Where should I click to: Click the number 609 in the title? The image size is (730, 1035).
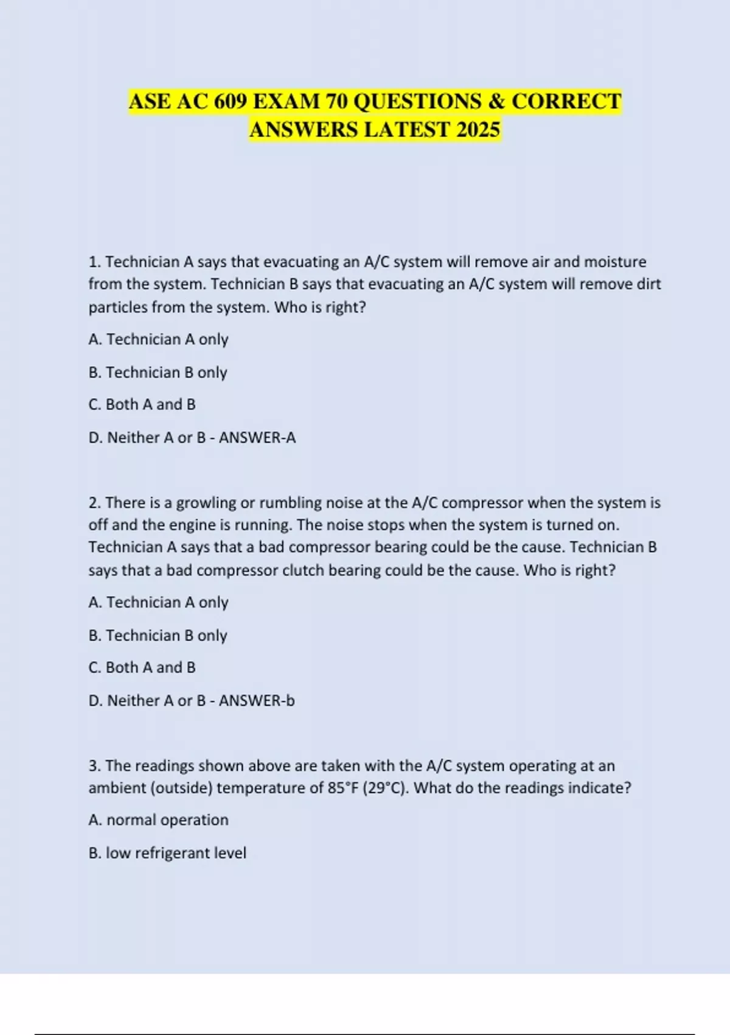[231, 101]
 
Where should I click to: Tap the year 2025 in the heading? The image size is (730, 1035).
[477, 130]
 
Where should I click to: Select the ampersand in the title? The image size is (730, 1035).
[496, 101]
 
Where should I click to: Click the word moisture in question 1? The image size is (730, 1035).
[615, 262]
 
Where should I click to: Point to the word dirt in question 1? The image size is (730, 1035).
[648, 284]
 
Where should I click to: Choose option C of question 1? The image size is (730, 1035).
[142, 404]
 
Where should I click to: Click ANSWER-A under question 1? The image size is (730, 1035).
[257, 438]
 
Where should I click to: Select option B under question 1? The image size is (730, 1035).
[158, 372]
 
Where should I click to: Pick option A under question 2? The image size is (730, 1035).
[158, 602]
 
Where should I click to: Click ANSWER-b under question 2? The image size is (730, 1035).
[257, 701]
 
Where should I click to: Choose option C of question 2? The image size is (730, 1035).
[142, 667]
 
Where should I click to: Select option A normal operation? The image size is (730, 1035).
[158, 820]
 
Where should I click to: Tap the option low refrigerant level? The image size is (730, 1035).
[167, 853]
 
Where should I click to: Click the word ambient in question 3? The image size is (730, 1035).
[117, 788]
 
